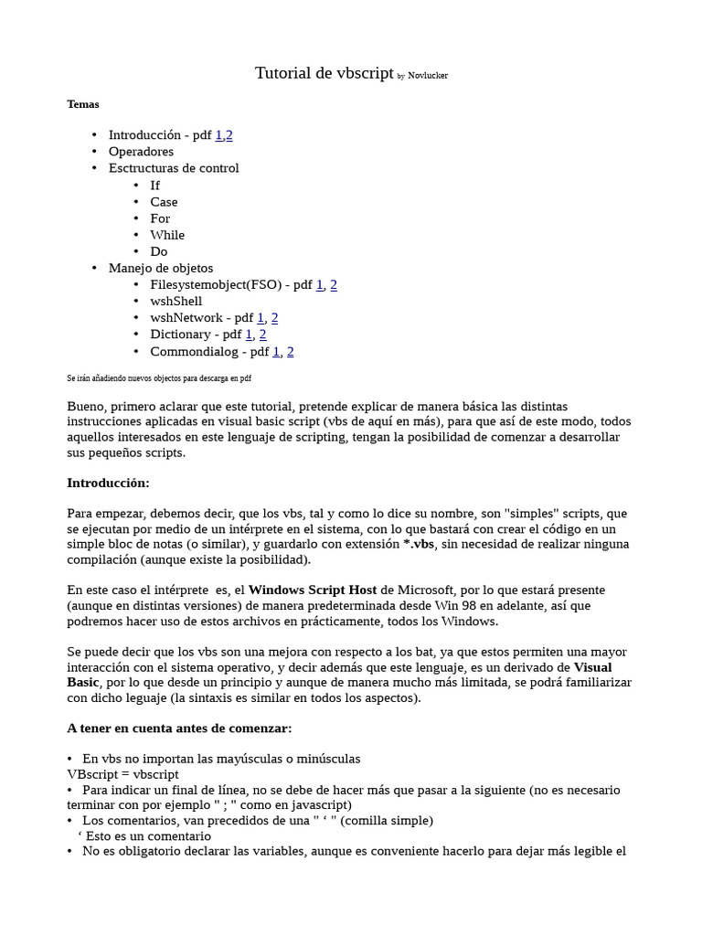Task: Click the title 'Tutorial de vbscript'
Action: click(x=324, y=74)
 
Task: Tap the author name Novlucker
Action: click(x=428, y=76)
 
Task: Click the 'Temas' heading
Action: click(x=83, y=104)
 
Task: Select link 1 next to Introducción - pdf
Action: click(x=218, y=135)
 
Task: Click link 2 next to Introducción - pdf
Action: click(x=229, y=135)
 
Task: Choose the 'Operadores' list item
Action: click(x=141, y=152)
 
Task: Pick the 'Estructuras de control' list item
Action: click(x=174, y=168)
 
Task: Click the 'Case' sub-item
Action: click(x=164, y=202)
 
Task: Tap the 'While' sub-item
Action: click(x=167, y=235)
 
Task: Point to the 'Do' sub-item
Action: click(x=159, y=251)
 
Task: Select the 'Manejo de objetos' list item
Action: click(x=161, y=268)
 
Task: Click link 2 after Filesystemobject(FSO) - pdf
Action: click(x=334, y=285)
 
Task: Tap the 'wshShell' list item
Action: click(x=176, y=302)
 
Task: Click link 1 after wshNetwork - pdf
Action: click(x=261, y=318)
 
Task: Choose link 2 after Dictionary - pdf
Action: click(x=262, y=335)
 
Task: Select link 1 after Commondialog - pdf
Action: click(x=277, y=352)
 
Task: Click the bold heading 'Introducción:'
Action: click(x=108, y=483)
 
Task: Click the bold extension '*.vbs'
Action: click(x=420, y=544)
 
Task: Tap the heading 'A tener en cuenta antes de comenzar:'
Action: click(x=179, y=729)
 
